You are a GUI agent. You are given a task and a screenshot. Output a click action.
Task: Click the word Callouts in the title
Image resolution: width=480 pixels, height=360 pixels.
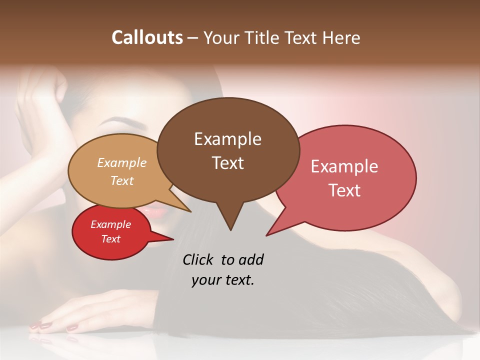tap(147, 37)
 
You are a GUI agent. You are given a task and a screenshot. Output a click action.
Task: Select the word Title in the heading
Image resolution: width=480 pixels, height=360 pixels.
tap(264, 38)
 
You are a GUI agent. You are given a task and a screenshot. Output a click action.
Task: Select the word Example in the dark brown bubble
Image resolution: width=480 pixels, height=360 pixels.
tap(227, 139)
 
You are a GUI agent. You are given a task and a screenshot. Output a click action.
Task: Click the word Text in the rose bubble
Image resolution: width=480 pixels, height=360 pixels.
tap(344, 190)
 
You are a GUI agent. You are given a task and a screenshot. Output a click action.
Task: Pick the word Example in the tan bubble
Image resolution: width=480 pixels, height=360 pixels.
tap(121, 162)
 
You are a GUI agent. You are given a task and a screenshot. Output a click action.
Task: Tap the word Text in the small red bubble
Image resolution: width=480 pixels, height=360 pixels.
tap(110, 239)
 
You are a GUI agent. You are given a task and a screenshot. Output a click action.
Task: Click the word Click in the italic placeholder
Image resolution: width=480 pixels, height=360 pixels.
tap(198, 259)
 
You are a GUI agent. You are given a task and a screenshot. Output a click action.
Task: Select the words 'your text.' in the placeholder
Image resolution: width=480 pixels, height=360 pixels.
tap(222, 280)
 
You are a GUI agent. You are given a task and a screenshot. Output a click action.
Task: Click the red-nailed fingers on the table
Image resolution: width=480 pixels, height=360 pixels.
tap(55, 325)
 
